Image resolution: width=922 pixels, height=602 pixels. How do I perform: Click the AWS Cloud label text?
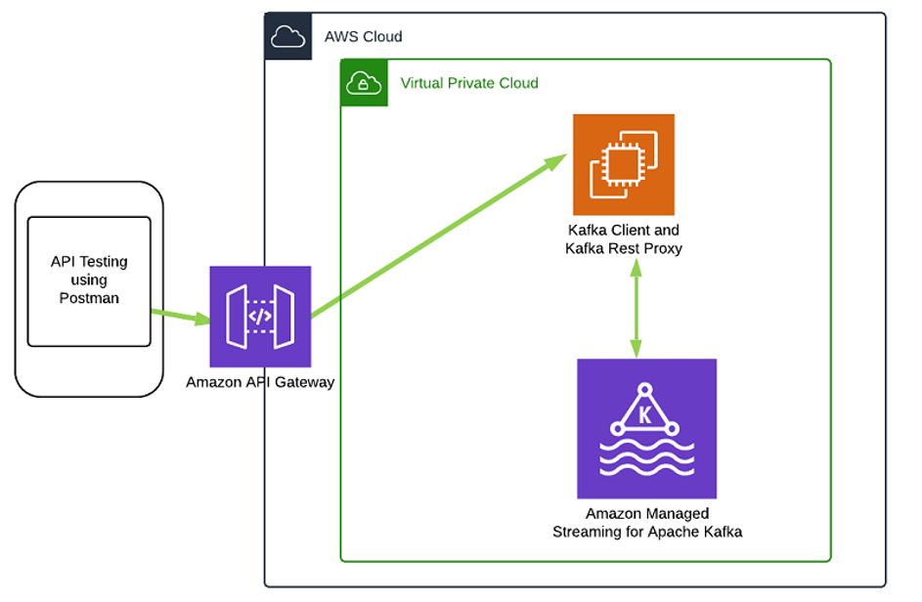coord(364,36)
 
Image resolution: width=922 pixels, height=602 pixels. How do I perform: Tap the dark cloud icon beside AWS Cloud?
coord(288,36)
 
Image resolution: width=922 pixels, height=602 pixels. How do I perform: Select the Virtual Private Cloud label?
coord(469,83)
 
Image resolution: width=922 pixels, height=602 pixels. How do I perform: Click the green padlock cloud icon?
coord(364,83)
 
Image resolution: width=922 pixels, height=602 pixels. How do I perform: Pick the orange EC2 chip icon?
coord(624,164)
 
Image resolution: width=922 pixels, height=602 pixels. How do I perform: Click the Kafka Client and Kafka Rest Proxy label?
coord(624,239)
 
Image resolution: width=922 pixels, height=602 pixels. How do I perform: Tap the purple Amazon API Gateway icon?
coord(260,317)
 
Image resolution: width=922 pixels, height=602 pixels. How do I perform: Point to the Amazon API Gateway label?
coord(260,382)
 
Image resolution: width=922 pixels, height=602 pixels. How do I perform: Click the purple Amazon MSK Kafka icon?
coord(647,429)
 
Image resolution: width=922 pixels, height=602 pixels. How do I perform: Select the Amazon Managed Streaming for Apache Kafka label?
coord(647,523)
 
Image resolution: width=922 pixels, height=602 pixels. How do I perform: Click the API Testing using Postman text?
coord(89,279)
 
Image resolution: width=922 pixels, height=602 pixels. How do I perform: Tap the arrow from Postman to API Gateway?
coord(181,316)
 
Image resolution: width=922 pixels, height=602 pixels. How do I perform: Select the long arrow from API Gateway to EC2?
coord(439,236)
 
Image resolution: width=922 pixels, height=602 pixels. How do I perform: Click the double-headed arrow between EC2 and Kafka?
coord(637,308)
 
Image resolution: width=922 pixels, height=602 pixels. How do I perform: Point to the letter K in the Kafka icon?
coord(645,415)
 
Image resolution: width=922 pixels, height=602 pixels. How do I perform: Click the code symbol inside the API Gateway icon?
coord(260,317)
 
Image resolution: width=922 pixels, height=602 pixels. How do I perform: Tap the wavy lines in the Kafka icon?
coord(647,457)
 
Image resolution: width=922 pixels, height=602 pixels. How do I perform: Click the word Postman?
coord(89,298)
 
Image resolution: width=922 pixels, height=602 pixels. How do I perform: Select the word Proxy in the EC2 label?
coord(663,248)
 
